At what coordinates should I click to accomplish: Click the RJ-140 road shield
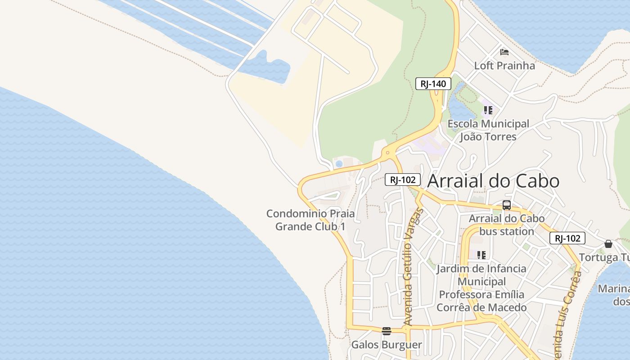[433, 83]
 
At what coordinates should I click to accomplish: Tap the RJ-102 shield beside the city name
[402, 180]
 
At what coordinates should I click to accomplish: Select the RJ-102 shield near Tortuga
[567, 238]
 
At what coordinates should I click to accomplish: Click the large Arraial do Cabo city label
[493, 181]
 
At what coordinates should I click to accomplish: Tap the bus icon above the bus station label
[507, 205]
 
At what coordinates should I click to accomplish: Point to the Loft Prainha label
[504, 66]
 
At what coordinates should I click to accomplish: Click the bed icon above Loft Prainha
[504, 52]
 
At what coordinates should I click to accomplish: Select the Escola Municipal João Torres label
[488, 130]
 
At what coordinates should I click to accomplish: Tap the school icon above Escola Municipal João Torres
[488, 110]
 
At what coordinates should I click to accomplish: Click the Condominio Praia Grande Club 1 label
[310, 220]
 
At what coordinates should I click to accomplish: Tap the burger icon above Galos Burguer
[386, 331]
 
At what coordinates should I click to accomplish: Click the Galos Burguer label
[386, 345]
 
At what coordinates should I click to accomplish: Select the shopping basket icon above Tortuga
[608, 244]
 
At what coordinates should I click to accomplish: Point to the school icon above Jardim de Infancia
[481, 255]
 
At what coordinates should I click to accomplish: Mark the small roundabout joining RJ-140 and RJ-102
[387, 153]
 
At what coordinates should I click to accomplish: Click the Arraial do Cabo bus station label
[507, 225]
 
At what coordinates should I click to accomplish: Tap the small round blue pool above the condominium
[339, 164]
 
